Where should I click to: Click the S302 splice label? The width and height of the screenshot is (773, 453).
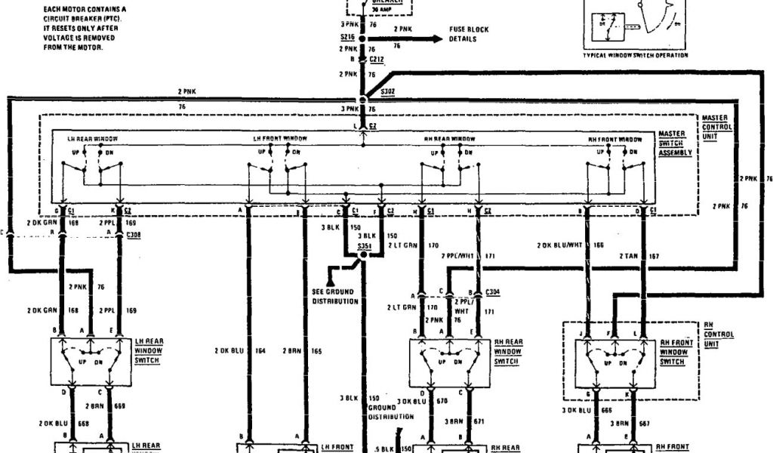click(388, 91)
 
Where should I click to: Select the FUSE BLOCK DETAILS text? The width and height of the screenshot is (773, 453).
click(470, 34)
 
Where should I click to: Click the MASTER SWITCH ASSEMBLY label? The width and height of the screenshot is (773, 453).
click(675, 143)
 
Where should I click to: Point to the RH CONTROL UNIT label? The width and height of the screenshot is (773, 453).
click(718, 334)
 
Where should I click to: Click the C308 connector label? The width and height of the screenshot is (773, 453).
click(134, 236)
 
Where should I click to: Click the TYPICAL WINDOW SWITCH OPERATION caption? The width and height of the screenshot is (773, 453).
click(636, 54)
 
